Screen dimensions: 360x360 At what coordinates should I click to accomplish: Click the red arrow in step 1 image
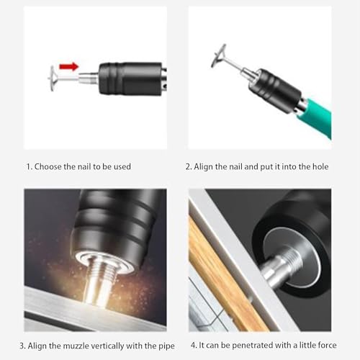pos(68,67)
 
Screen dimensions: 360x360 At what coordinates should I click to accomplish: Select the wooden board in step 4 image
pos(216,274)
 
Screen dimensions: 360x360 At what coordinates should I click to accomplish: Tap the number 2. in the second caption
pos(189,166)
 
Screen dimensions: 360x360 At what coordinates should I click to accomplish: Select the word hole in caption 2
pos(318,166)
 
